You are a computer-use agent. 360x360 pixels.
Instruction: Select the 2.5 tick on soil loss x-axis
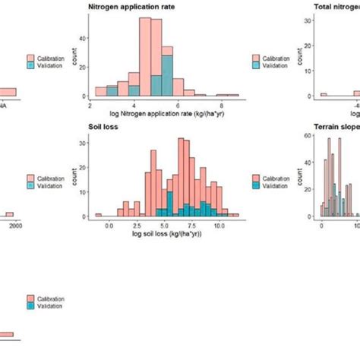point(137,226)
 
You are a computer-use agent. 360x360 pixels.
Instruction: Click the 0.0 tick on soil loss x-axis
point(109,226)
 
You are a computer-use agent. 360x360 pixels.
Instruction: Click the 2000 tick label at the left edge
point(12,226)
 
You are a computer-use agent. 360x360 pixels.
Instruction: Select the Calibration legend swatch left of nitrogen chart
point(31,57)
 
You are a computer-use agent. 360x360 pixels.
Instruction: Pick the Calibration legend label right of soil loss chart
point(275,176)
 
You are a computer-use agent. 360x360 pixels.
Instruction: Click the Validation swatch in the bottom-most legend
point(31,305)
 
